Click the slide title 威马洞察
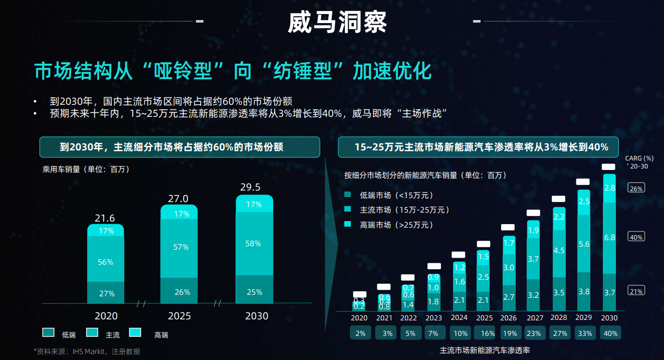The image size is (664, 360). [337, 22]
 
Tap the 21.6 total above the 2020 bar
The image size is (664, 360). [105, 218]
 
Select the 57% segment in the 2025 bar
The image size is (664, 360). [179, 247]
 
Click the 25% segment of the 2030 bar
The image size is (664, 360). [255, 292]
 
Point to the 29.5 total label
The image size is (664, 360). [250, 188]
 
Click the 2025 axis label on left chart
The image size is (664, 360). [179, 316]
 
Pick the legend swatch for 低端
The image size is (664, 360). [49, 332]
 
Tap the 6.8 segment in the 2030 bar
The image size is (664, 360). [609, 238]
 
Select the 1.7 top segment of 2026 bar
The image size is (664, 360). [509, 243]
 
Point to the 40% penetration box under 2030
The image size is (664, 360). [609, 333]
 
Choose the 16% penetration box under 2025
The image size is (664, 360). [484, 333]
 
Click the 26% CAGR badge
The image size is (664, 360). [636, 189]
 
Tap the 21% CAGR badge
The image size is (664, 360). [636, 291]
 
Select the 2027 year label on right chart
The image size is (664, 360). [535, 318]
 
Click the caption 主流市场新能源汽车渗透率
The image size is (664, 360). [484, 350]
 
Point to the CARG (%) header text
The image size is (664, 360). [639, 158]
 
